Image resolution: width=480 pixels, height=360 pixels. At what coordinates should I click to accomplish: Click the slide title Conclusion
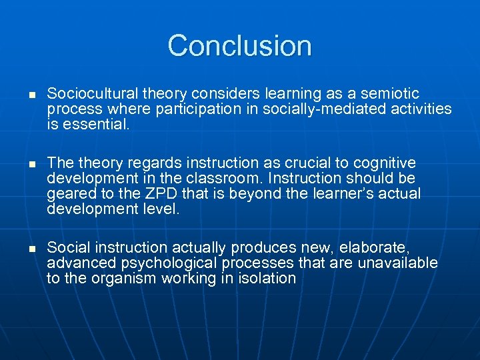pos(239,46)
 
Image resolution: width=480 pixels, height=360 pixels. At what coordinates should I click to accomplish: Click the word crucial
pos(285,163)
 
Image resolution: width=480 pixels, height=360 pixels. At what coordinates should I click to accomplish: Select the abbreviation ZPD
pos(138,194)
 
